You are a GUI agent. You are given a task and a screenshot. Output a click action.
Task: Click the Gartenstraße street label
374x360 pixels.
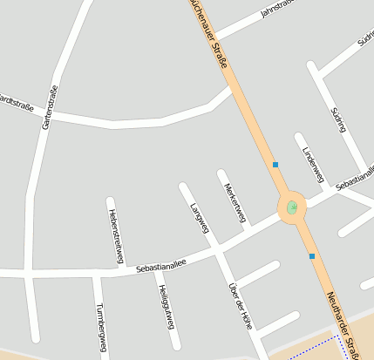(x=49, y=107)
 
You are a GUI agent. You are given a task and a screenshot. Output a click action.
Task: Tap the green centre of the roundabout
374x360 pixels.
(x=292, y=207)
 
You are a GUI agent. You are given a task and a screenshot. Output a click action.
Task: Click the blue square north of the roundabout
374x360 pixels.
(x=275, y=164)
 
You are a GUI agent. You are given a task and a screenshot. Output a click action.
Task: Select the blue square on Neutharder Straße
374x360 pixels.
(x=312, y=256)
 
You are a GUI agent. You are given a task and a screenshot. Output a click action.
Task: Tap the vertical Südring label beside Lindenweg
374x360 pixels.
(x=339, y=119)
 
